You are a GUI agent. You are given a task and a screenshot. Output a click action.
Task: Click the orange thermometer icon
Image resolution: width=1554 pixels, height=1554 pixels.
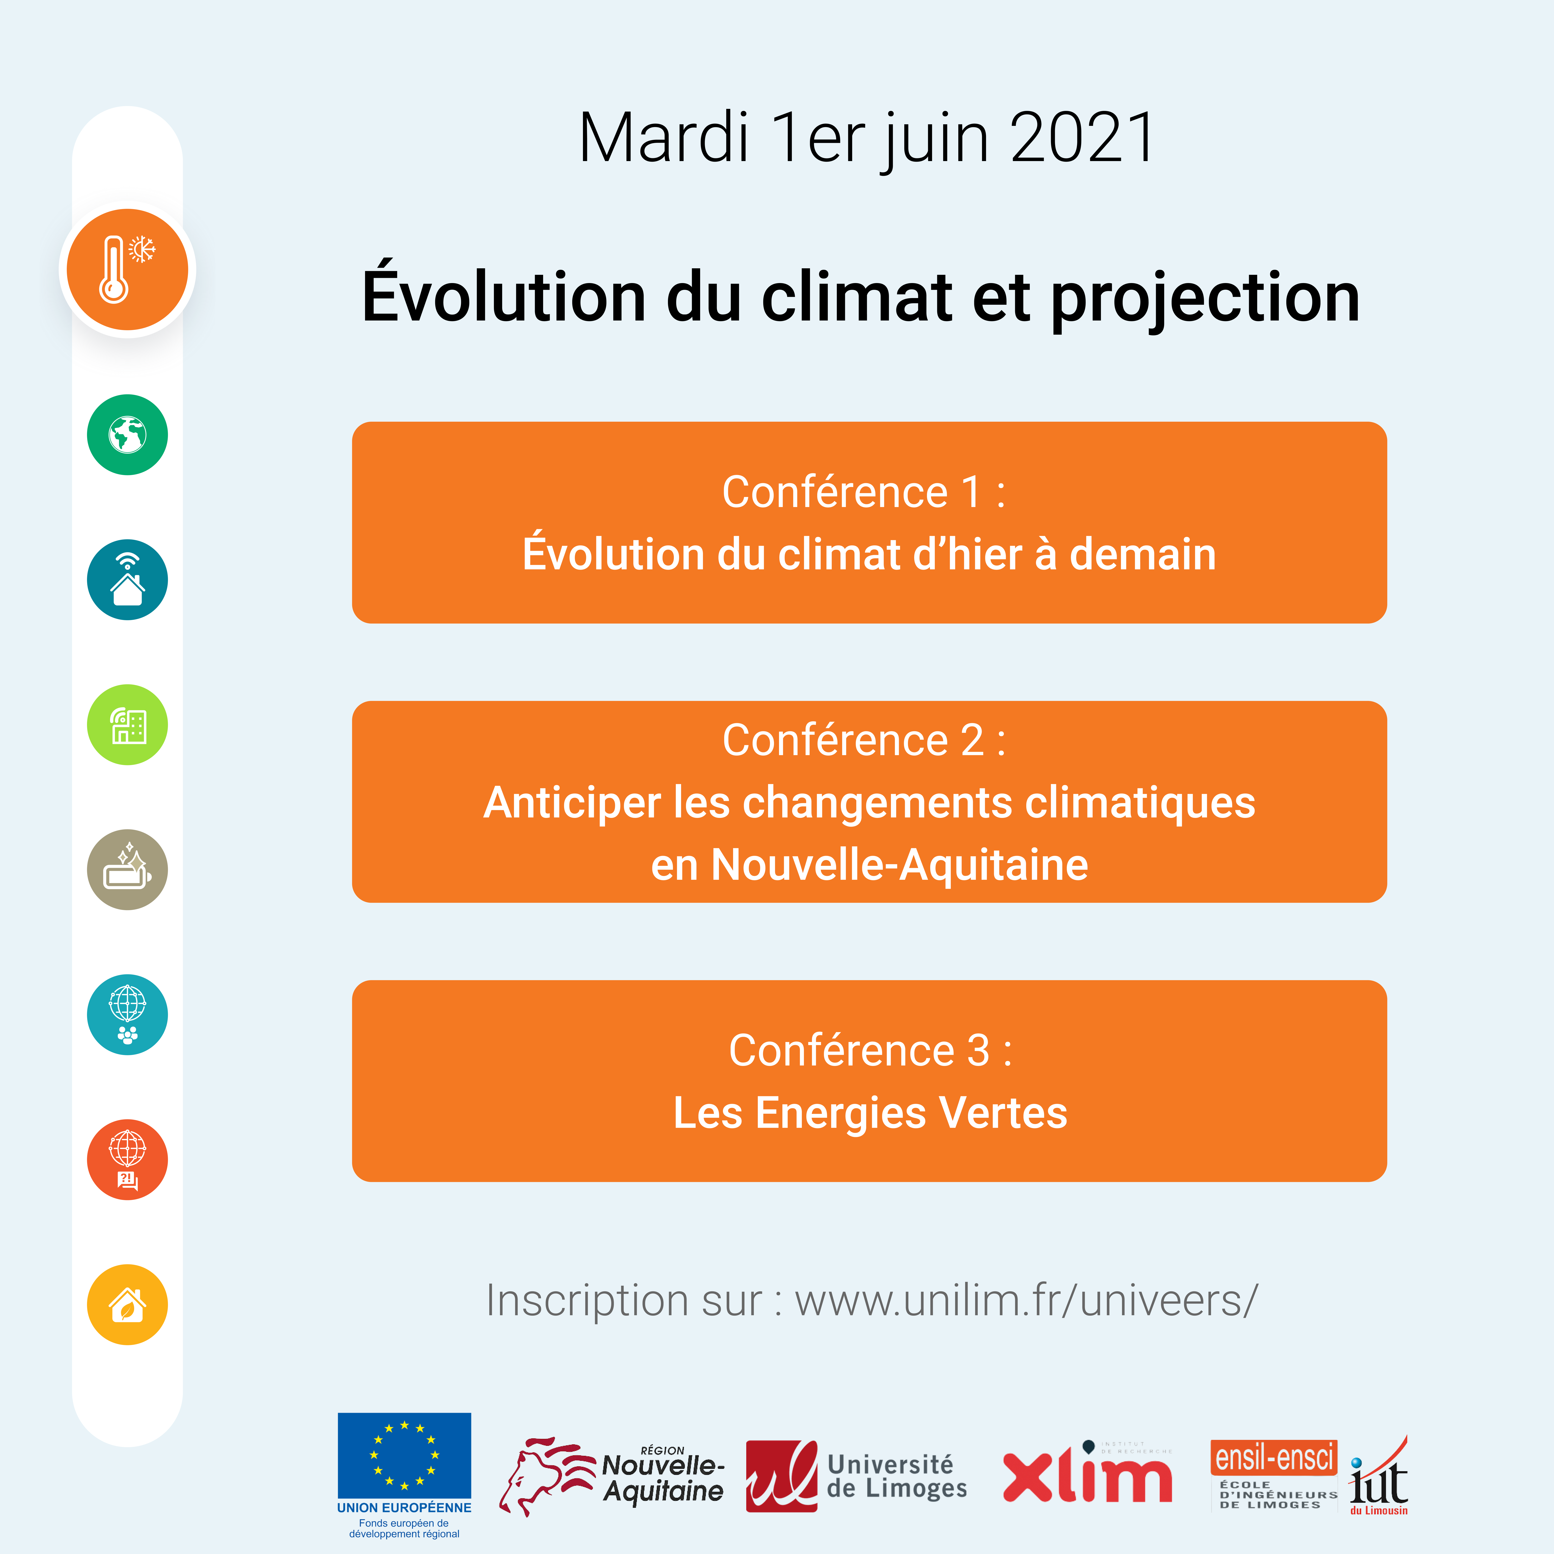point(127,270)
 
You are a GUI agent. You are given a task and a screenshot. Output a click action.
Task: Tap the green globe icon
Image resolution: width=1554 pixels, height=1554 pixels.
point(127,434)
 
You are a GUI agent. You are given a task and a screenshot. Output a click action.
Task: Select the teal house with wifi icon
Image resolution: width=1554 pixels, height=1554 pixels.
point(127,579)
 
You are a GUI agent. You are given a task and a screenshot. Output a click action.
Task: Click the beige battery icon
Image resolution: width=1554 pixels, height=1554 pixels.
point(127,869)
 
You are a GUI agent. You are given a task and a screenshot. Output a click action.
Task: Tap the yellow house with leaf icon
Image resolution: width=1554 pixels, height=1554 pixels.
point(127,1305)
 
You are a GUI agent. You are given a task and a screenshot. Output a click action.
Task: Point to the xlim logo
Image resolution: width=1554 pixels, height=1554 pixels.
point(1087,1473)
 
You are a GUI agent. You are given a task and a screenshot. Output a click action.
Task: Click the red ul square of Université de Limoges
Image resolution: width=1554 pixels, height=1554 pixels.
point(781,1476)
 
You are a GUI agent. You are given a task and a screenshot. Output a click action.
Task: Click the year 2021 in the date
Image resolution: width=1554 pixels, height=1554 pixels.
point(1083,138)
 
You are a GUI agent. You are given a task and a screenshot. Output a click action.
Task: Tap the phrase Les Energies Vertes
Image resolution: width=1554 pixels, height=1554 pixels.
point(870,1113)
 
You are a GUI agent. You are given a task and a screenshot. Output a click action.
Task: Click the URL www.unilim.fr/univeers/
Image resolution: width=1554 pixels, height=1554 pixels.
point(1026,1301)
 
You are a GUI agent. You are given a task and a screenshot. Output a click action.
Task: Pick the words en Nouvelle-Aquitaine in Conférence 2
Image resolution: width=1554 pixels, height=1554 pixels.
point(869,865)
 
